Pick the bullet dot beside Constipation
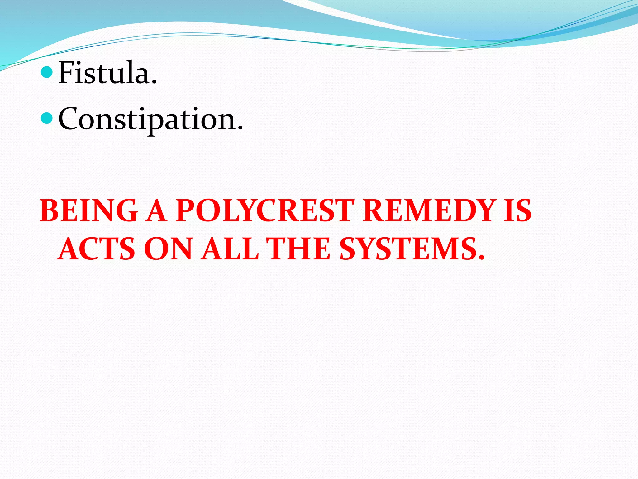47,119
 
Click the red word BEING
89,211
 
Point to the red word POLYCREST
265,211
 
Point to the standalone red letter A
157,211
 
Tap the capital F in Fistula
67,72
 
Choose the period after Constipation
240,128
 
